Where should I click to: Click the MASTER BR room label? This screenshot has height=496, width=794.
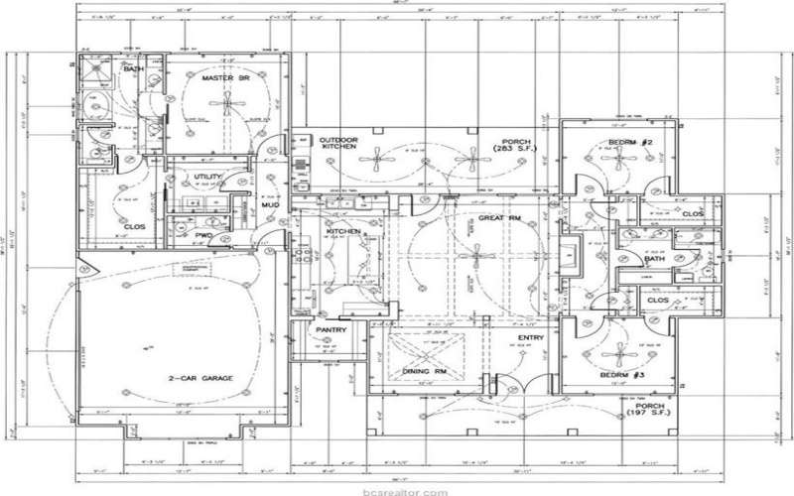pyautogui.click(x=223, y=77)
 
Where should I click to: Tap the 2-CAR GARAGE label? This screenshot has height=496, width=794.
pyautogui.click(x=200, y=378)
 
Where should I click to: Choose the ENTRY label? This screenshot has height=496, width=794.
pyautogui.click(x=531, y=338)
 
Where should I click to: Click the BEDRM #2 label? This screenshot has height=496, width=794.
pyautogui.click(x=629, y=144)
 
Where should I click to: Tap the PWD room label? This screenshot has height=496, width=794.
pyautogui.click(x=203, y=235)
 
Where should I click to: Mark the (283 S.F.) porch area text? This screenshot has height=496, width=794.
pyautogui.click(x=517, y=151)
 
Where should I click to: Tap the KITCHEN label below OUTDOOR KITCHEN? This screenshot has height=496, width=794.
pyautogui.click(x=343, y=231)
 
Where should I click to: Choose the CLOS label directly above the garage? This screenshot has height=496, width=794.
pyautogui.click(x=135, y=226)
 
